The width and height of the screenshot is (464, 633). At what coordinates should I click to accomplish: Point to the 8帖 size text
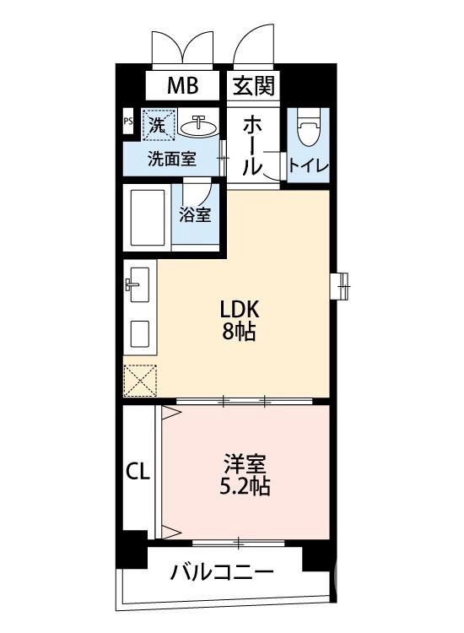point(240,332)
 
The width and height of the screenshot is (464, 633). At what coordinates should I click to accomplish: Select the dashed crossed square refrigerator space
point(140,380)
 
